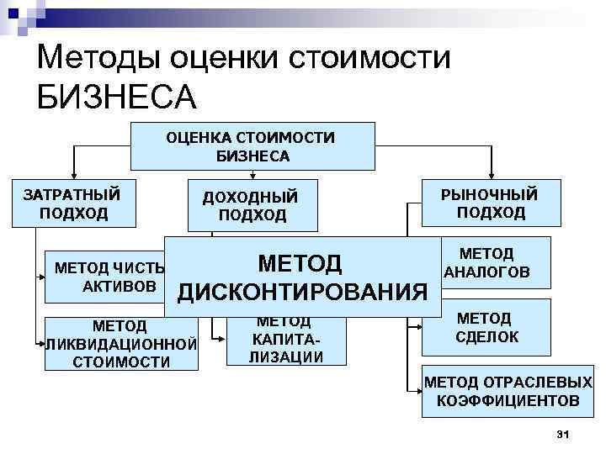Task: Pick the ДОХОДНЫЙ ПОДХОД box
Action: click(x=252, y=205)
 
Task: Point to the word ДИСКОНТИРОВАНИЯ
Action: click(x=303, y=292)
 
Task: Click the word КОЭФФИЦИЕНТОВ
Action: click(x=508, y=400)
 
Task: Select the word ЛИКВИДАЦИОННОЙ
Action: click(x=121, y=344)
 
